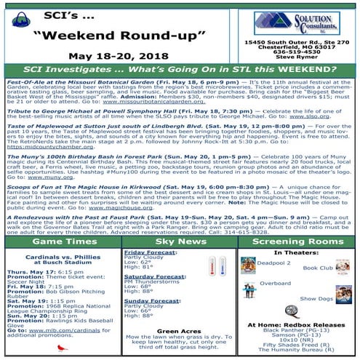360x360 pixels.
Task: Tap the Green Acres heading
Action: (x=179, y=331)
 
